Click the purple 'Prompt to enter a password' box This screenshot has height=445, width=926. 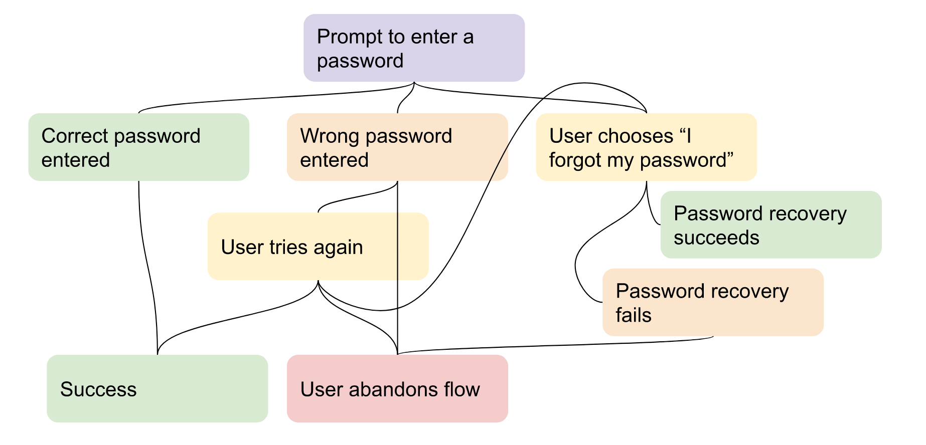click(x=414, y=48)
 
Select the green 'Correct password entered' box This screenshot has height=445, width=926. click(x=138, y=147)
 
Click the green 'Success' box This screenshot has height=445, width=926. click(x=157, y=389)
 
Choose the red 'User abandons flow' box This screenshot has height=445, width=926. click(x=397, y=389)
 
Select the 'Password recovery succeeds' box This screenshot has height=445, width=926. click(x=771, y=225)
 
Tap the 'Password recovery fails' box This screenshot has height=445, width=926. click(x=713, y=303)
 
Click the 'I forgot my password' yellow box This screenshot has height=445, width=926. click(x=646, y=147)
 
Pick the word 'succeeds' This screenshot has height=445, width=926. click(x=716, y=238)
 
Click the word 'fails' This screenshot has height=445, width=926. click(x=633, y=315)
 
